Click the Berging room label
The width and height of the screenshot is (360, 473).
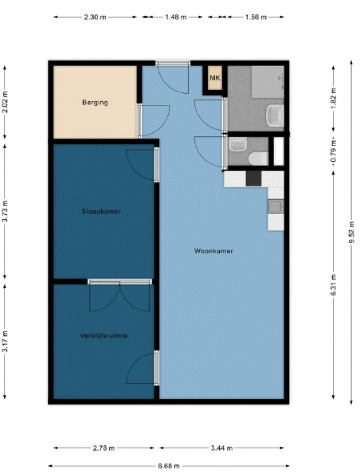tap(95, 103)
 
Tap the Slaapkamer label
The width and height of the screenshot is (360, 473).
tap(101, 211)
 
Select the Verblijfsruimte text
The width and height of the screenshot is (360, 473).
tap(104, 336)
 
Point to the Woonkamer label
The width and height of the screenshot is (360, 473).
tap(214, 251)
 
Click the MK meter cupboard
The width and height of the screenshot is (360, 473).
tap(215, 78)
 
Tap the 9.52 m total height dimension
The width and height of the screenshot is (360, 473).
tap(351, 232)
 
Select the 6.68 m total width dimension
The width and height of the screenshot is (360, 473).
tap(169, 466)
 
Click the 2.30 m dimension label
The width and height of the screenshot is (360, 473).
tap(95, 17)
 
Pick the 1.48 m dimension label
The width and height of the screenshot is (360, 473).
tap(176, 17)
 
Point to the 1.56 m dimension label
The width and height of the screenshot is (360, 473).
tap(256, 17)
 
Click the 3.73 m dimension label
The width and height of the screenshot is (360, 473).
tap(5, 211)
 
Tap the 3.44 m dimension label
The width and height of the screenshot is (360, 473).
tap(222, 448)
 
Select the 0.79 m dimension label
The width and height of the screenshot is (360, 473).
tap(333, 152)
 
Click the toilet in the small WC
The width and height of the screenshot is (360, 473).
tap(258, 158)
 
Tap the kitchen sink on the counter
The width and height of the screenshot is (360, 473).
tap(276, 207)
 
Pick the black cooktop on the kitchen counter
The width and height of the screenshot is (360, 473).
tap(254, 179)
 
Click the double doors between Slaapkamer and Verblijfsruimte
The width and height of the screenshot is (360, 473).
tap(120, 296)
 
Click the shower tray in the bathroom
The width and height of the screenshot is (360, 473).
tap(268, 82)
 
